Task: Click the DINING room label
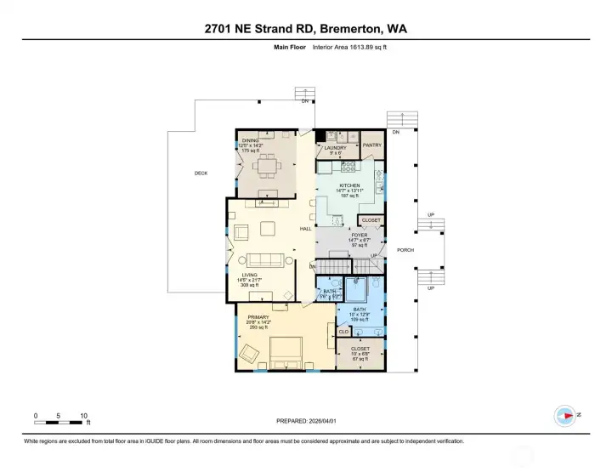click(250, 140)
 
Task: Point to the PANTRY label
click(371, 145)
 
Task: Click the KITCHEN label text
click(349, 185)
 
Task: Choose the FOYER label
click(359, 235)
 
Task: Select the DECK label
click(201, 173)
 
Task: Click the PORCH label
click(405, 250)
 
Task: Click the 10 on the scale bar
click(83, 416)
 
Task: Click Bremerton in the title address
click(353, 29)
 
